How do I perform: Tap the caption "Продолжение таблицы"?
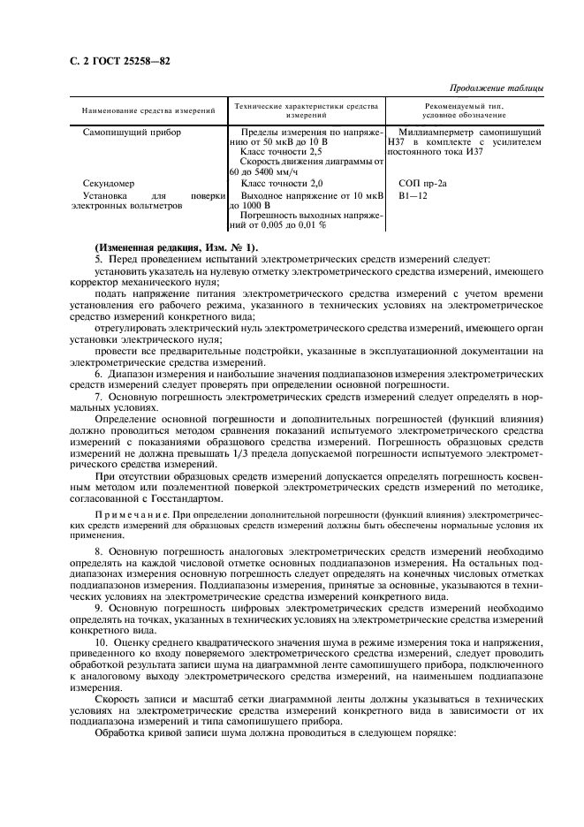[x=497, y=87]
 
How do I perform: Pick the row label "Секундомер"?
[x=107, y=182]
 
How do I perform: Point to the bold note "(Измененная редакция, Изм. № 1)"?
[x=177, y=247]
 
